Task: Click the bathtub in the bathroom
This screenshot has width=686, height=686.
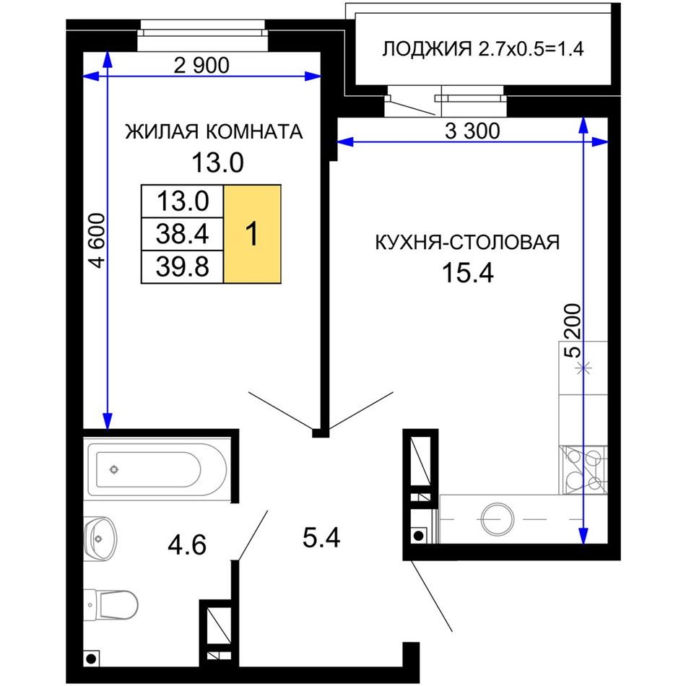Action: click(157, 469)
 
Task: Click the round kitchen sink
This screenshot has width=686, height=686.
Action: click(498, 519)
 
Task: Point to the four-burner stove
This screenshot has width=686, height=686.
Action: click(583, 470)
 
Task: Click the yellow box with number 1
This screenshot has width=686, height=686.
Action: click(253, 234)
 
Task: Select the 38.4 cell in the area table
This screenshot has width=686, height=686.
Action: click(183, 234)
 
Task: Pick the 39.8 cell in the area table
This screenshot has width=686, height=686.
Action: click(183, 267)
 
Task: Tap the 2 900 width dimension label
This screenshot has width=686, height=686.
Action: click(201, 66)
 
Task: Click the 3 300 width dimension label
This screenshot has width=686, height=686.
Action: click(472, 131)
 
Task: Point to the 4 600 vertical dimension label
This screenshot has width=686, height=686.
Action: click(97, 240)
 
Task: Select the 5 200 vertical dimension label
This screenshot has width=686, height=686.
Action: click(573, 331)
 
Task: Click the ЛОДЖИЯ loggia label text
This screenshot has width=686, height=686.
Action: click(427, 49)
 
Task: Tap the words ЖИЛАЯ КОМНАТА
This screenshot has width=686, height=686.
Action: click(214, 131)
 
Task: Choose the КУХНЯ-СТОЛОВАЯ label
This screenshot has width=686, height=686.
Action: click(467, 243)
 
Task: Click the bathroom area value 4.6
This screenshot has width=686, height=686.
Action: click(187, 545)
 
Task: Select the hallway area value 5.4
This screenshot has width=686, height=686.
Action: click(321, 538)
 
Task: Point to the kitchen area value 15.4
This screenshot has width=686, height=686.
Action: click(468, 272)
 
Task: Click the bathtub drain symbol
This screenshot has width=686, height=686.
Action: click(114, 470)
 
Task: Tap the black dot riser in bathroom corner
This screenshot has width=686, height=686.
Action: click(91, 659)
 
